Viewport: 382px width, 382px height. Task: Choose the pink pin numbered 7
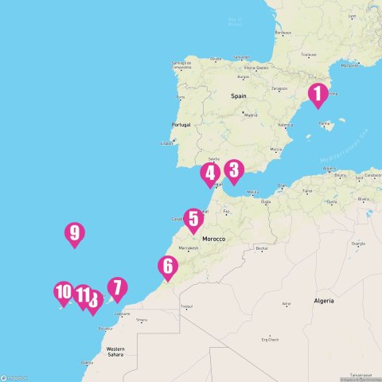tap(117, 289)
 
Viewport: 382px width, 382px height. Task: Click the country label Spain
tap(240, 95)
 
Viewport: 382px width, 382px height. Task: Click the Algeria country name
tap(323, 302)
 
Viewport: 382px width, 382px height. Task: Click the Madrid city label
tap(250, 114)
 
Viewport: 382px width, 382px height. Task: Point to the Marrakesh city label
tap(189, 248)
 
